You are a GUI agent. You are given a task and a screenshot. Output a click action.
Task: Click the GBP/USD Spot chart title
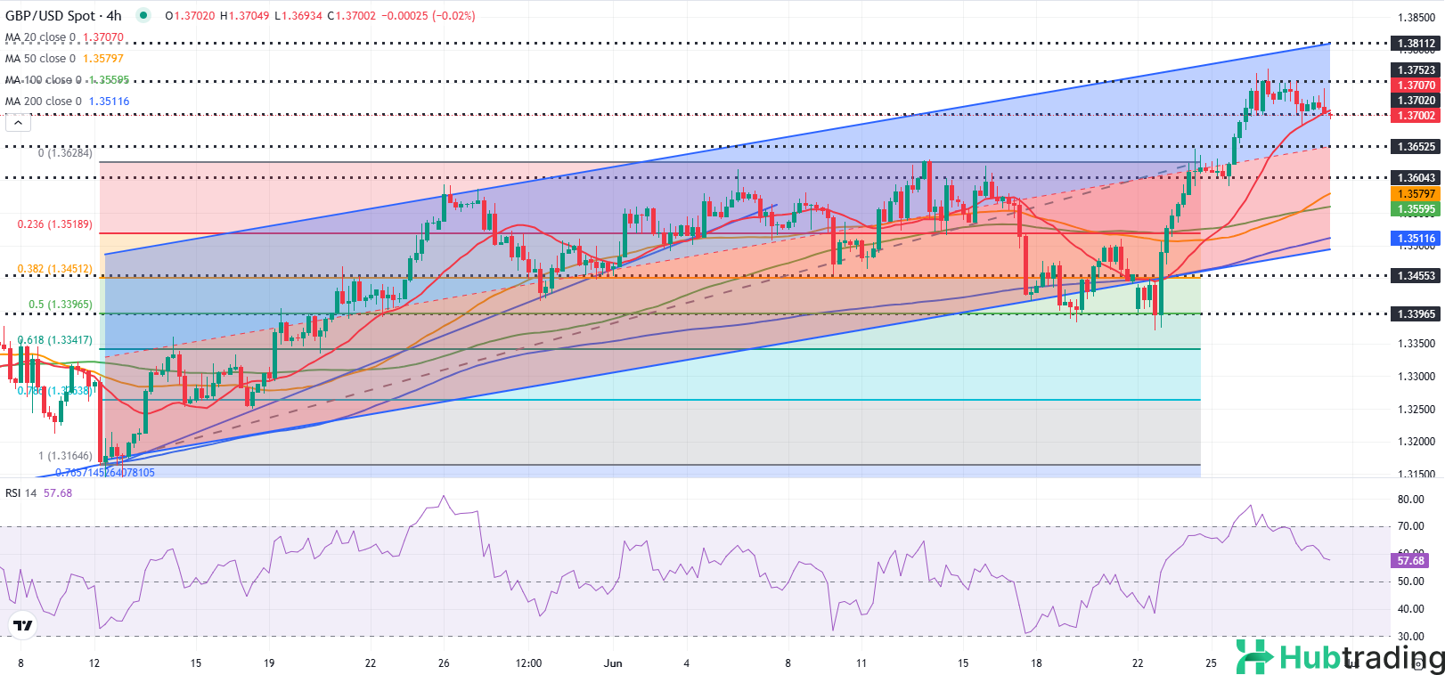(x=62, y=16)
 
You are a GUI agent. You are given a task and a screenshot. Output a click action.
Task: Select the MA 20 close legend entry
(x=64, y=37)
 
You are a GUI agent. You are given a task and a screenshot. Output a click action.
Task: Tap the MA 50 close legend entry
(x=64, y=59)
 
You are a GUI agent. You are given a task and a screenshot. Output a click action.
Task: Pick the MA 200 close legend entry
(x=67, y=102)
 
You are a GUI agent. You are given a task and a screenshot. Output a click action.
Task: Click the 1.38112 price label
(x=1416, y=44)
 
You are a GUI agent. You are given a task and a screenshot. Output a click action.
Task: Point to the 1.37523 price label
(x=1416, y=70)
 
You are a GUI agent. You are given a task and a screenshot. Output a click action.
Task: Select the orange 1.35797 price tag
(x=1416, y=194)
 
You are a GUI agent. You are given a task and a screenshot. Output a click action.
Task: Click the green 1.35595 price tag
(x=1416, y=209)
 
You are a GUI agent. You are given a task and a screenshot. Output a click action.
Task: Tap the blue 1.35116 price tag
(x=1416, y=239)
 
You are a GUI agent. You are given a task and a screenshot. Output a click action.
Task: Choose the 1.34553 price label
(x=1416, y=276)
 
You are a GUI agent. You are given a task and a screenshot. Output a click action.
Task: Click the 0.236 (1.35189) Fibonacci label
(x=54, y=224)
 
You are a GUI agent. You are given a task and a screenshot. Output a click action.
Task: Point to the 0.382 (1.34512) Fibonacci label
(x=54, y=269)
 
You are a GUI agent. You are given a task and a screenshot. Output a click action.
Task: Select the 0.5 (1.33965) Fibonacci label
(x=60, y=305)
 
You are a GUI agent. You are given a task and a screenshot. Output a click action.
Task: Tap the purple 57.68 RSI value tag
(x=1410, y=561)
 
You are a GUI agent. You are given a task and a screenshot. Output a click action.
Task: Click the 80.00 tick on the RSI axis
(x=1410, y=500)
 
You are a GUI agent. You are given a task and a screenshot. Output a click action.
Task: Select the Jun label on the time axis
(x=612, y=663)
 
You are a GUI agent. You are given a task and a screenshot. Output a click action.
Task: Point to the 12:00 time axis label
(x=528, y=663)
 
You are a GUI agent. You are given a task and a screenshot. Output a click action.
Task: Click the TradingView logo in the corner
(x=23, y=626)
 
